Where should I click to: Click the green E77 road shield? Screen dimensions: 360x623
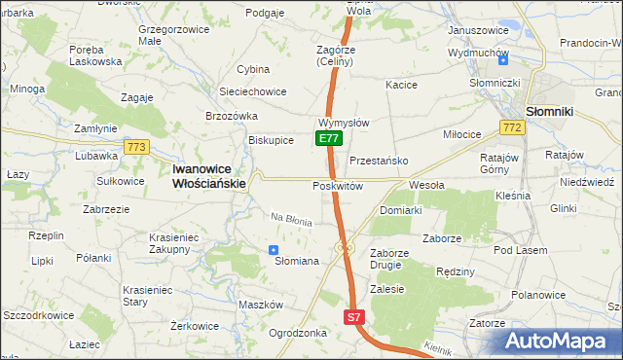click(x=329, y=139)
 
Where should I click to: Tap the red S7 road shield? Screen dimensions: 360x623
click(x=354, y=317)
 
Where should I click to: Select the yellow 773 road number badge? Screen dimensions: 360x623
click(x=136, y=147)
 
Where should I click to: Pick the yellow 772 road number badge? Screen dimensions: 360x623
click(x=510, y=127)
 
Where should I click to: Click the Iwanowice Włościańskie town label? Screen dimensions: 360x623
click(x=209, y=174)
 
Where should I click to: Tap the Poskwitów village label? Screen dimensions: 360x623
click(x=338, y=186)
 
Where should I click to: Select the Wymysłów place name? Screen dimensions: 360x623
click(x=343, y=124)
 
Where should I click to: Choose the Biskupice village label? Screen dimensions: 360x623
click(x=271, y=140)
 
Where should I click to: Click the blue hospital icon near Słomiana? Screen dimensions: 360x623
click(x=273, y=250)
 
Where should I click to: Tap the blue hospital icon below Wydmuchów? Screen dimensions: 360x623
click(x=502, y=60)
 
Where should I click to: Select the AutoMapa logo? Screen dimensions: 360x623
click(x=560, y=341)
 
